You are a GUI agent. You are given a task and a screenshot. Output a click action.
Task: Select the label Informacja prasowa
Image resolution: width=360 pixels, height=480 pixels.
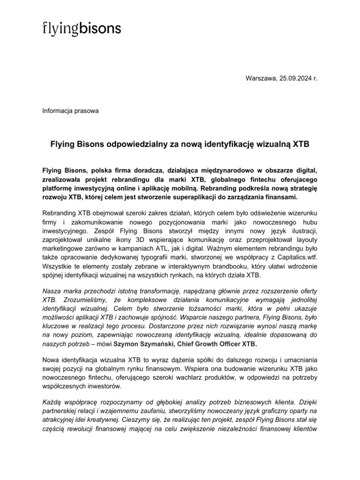tap(70, 111)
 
